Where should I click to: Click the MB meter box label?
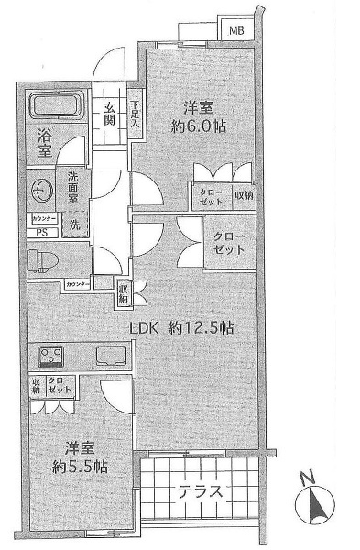[x=236, y=29]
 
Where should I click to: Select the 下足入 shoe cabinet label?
[x=135, y=113]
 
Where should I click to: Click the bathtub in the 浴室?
[x=57, y=106]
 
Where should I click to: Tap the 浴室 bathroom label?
[x=44, y=145]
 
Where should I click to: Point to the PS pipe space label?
[x=40, y=233]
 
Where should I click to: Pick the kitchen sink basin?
[x=112, y=356]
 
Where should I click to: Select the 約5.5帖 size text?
[x=80, y=466]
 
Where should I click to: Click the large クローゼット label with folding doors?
[x=229, y=243]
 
